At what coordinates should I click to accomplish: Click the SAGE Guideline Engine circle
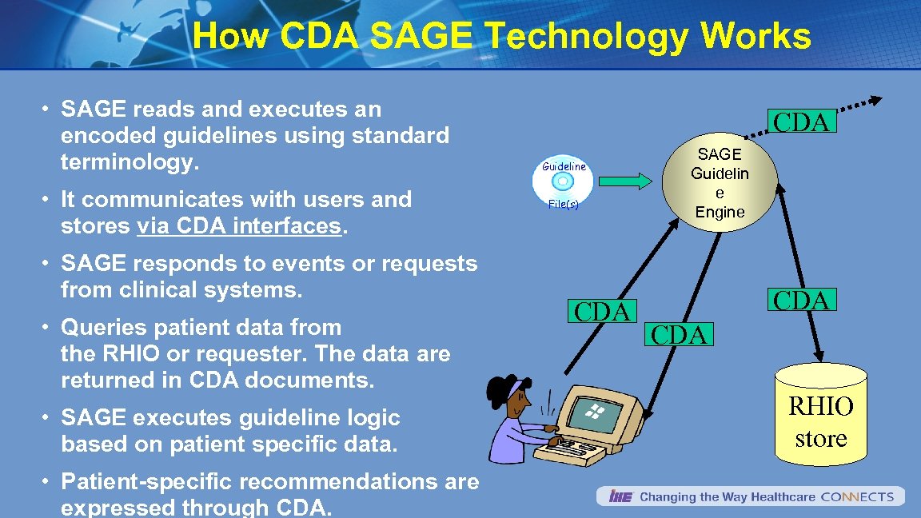point(720,183)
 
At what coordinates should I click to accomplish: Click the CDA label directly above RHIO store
point(802,300)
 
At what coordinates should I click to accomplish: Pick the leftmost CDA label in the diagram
point(603,312)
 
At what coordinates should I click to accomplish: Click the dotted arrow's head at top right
point(875,101)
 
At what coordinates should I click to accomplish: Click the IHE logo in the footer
point(620,497)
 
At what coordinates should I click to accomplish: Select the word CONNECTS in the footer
point(857,497)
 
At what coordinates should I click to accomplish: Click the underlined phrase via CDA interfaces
point(239,226)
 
